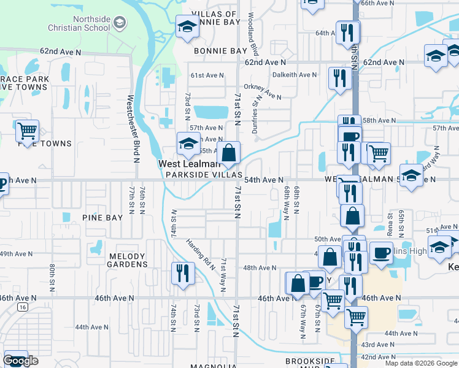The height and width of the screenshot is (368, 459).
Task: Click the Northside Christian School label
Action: tap(79, 23)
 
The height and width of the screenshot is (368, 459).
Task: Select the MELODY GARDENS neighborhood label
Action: tap(128, 260)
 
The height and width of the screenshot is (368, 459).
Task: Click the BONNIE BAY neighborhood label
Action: tap(220, 51)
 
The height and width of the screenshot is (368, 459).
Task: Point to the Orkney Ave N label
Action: tap(262, 91)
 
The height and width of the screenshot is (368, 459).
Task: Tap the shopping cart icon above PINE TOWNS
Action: tap(27, 130)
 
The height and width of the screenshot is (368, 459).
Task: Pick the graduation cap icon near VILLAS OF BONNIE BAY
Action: tap(187, 27)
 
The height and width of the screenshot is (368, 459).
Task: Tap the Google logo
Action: tap(20, 361)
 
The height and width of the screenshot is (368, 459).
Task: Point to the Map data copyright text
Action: tap(422, 363)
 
